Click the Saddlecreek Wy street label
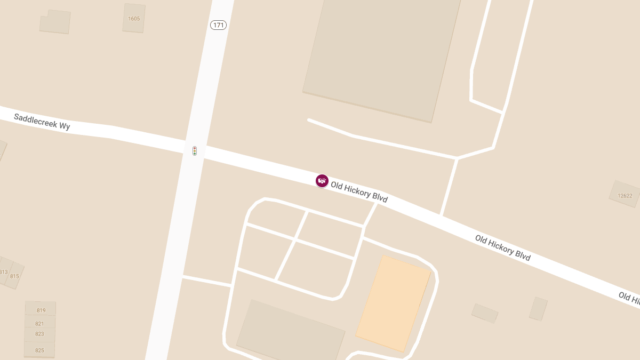[x=42, y=121]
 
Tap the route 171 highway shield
[x=218, y=25]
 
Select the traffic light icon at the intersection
[x=195, y=151]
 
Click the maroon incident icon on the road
[x=322, y=181]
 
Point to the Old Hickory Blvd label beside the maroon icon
[x=359, y=192]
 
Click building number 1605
[x=134, y=19]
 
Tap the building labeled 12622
[x=625, y=195]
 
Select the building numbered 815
[x=14, y=276]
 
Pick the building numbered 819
[x=41, y=310]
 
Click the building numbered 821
[x=39, y=323]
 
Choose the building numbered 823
[x=39, y=334]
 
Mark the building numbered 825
[x=39, y=350]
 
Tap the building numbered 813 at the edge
[x=4, y=271]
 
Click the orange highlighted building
[x=393, y=303]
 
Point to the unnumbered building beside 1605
[x=55, y=22]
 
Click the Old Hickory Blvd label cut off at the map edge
[x=629, y=299]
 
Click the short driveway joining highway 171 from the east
[x=207, y=281]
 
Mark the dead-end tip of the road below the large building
[x=309, y=120]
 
